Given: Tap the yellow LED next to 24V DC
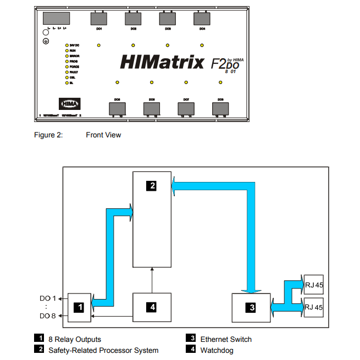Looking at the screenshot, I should [x=66, y=45].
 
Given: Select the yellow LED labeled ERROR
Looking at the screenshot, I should [x=66, y=56].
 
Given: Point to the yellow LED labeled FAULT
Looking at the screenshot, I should [x=66, y=72].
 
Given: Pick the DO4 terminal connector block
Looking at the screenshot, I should [x=202, y=19].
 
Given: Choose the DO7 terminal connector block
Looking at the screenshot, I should [x=186, y=108].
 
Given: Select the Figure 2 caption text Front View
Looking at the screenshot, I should [x=103, y=135].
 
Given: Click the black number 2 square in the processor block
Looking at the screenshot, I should [x=151, y=186].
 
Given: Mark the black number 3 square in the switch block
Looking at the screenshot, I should [x=252, y=307].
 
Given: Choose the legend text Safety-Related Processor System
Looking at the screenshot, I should [x=103, y=350].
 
